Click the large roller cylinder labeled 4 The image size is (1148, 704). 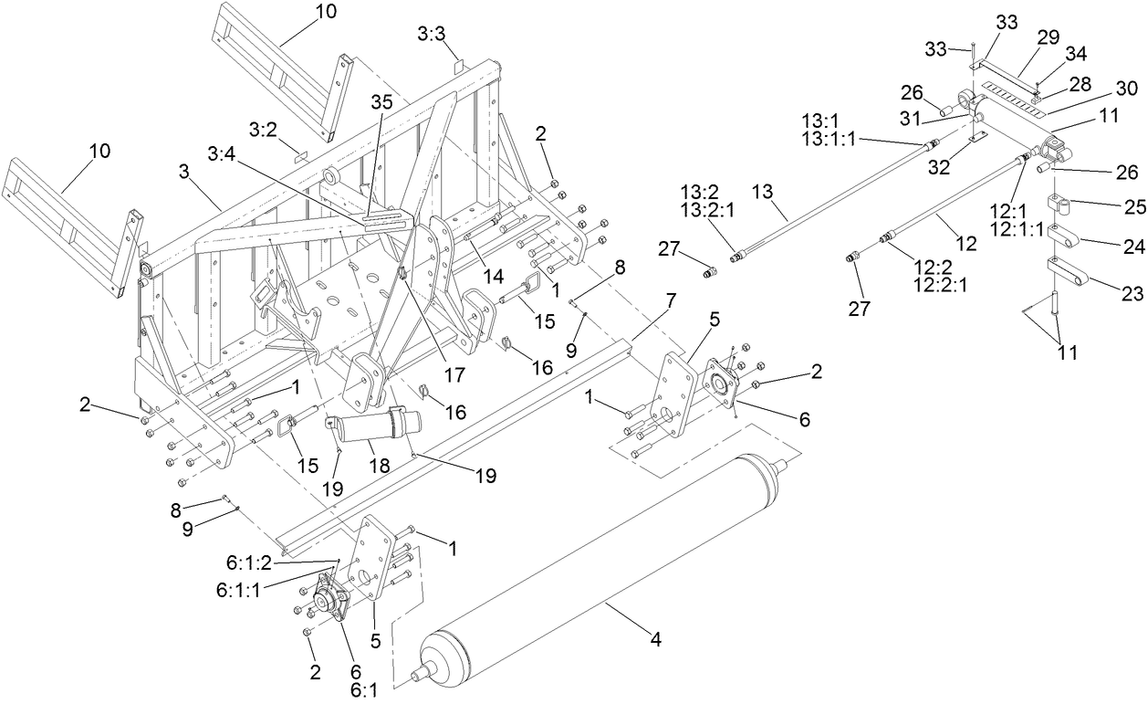point(602,566)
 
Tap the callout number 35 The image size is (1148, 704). point(382,102)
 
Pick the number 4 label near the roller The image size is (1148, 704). point(654,640)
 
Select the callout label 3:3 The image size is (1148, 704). point(431,34)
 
